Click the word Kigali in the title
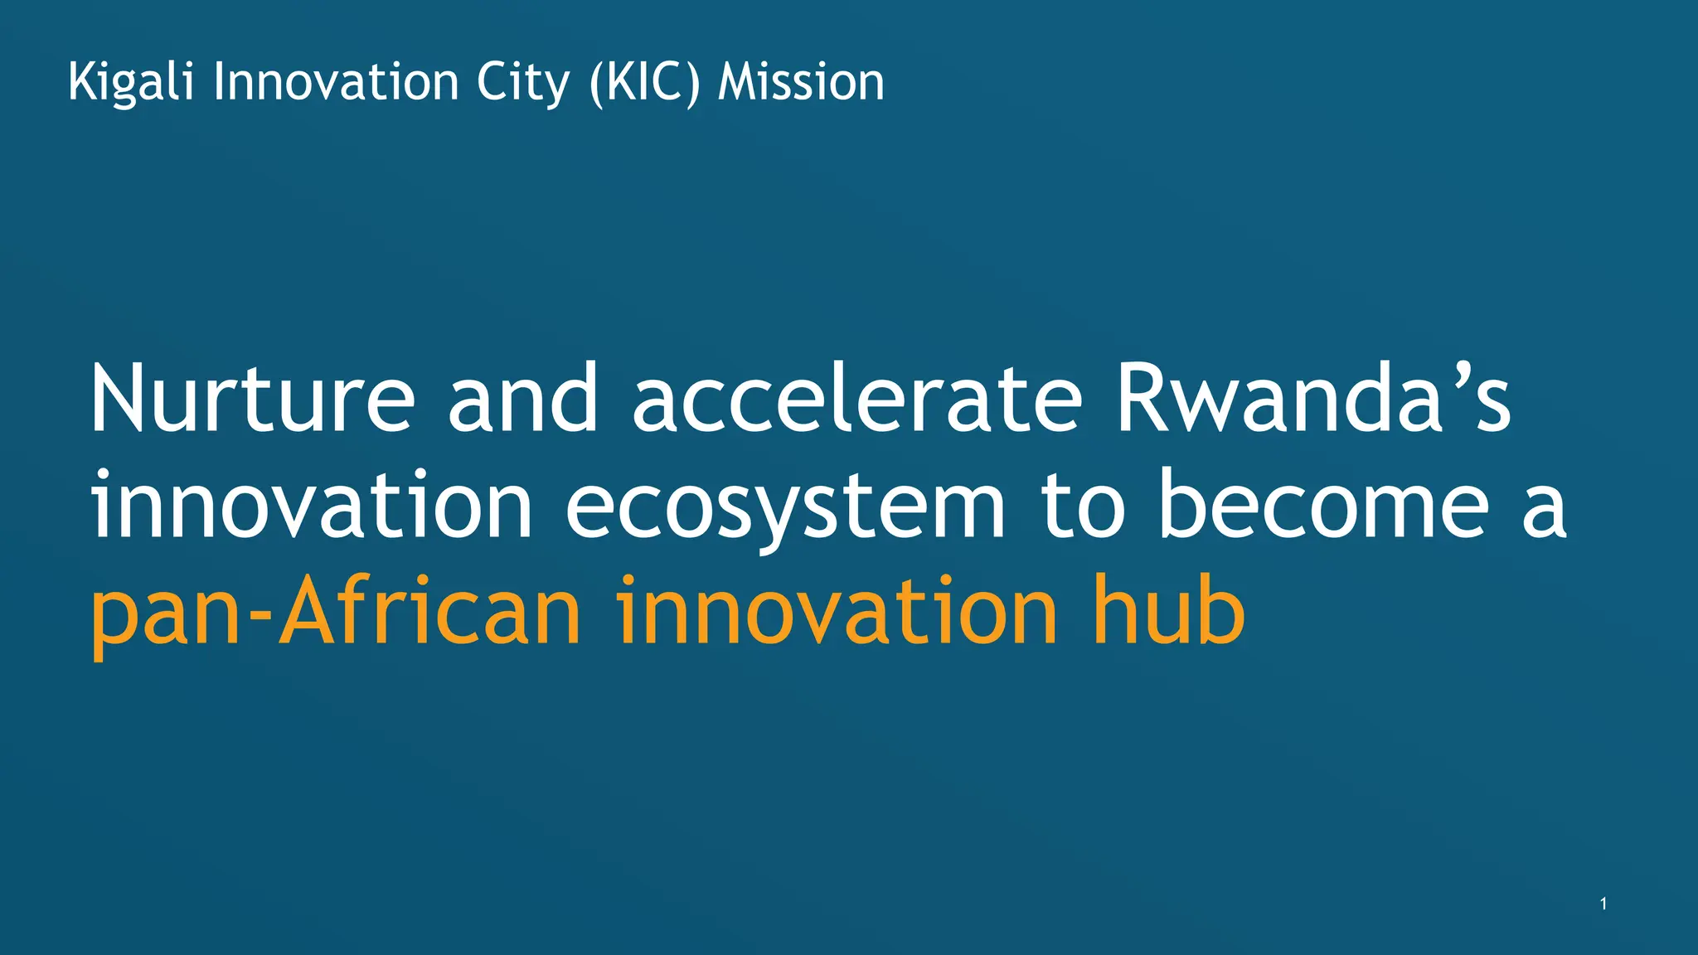click(x=131, y=83)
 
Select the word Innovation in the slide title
click(x=336, y=83)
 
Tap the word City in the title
click(x=523, y=83)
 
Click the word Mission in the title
click(x=801, y=83)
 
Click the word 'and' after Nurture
click(x=522, y=400)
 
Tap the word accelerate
click(x=856, y=400)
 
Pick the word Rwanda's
click(x=1313, y=400)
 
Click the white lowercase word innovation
click(x=312, y=505)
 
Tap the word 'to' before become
click(x=1083, y=505)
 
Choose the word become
click(x=1323, y=505)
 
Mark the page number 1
click(x=1603, y=904)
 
